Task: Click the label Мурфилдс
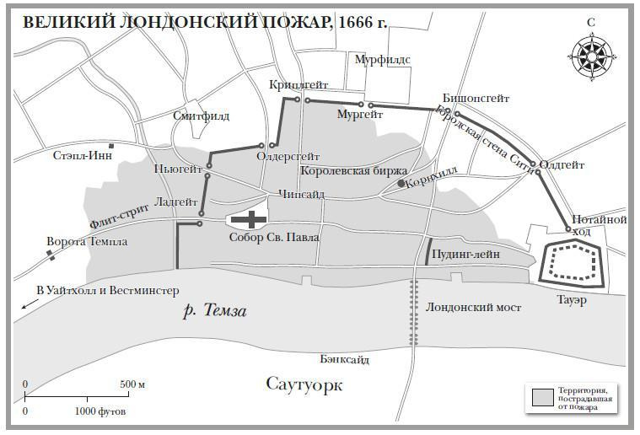[x=381, y=59]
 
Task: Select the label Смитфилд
[x=201, y=115]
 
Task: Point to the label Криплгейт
[x=298, y=85]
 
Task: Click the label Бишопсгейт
[x=475, y=98]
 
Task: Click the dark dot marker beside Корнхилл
[x=401, y=182]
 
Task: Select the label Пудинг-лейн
[x=465, y=253]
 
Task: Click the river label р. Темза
[x=215, y=312]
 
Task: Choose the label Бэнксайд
[x=344, y=359]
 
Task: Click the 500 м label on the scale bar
[x=132, y=384]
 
